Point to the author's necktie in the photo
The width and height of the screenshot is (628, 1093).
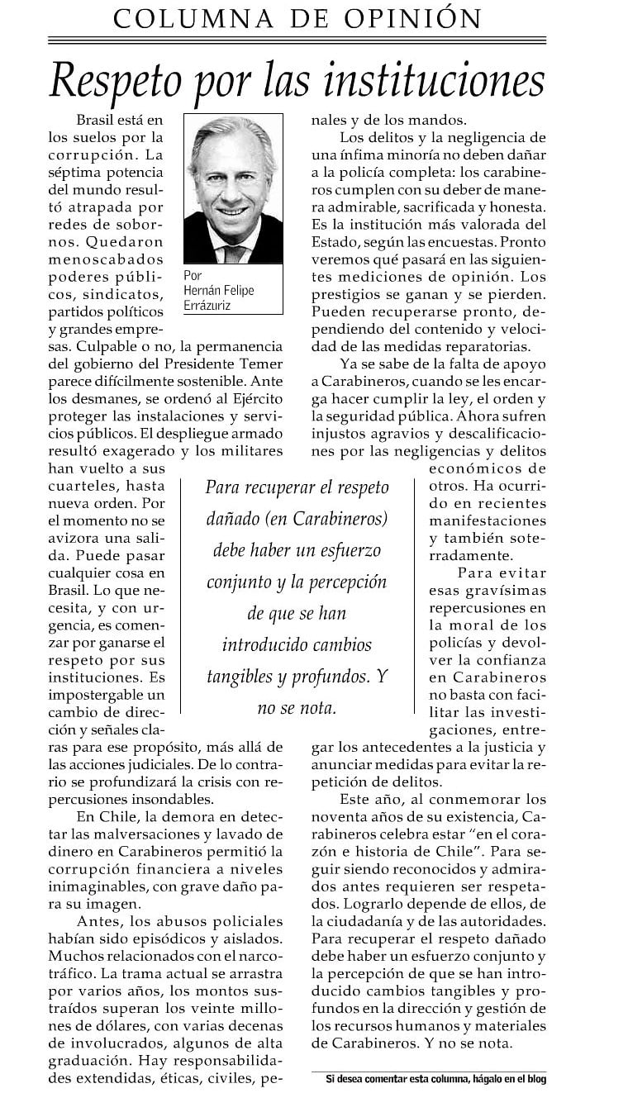pyautogui.click(x=234, y=249)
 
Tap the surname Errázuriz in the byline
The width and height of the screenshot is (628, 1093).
pyautogui.click(x=208, y=306)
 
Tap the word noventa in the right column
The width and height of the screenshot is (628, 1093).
pyautogui.click(x=342, y=817)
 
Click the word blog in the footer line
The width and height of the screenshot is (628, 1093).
pyautogui.click(x=534, y=1078)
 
